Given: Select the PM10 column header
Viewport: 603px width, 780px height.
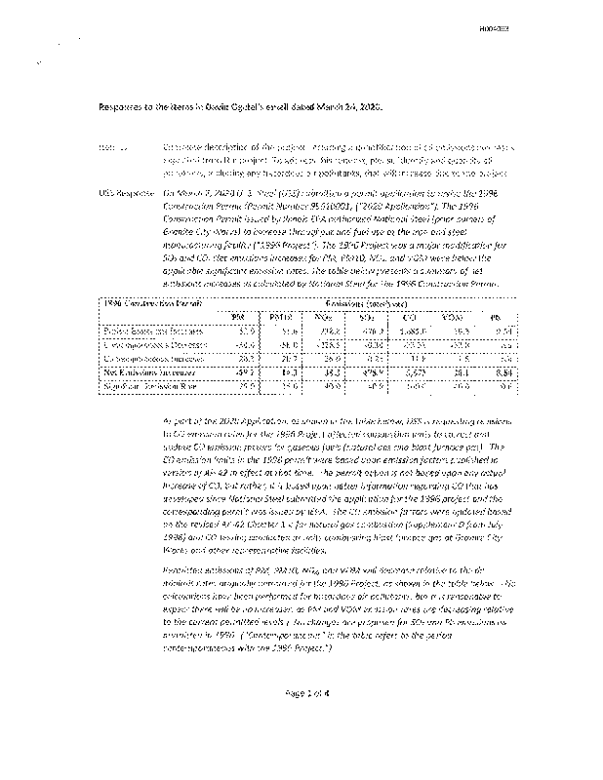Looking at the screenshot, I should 283,317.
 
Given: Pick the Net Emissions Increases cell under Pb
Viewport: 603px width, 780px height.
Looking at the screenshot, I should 497,371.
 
